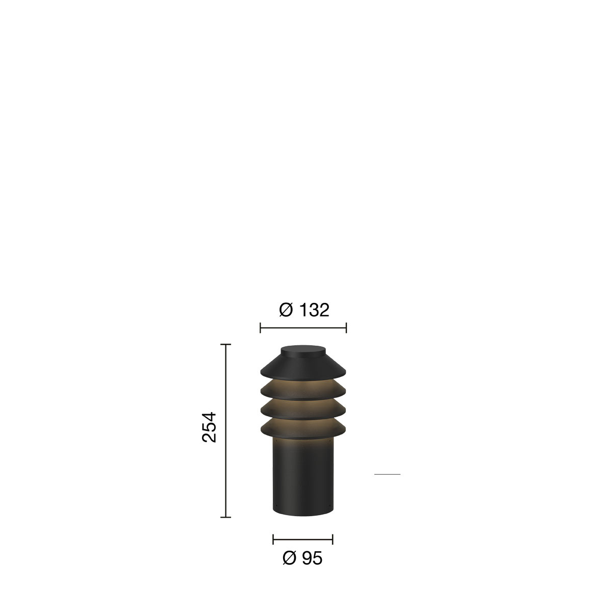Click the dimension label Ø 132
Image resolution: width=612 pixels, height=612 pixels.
304,310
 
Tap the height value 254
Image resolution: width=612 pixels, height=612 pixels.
209,427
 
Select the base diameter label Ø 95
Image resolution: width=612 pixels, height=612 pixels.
302,558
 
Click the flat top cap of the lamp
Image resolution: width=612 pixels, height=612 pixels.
303,350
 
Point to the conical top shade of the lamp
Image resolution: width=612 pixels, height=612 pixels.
303,367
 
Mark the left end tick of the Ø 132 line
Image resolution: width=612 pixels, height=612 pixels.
261,328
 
